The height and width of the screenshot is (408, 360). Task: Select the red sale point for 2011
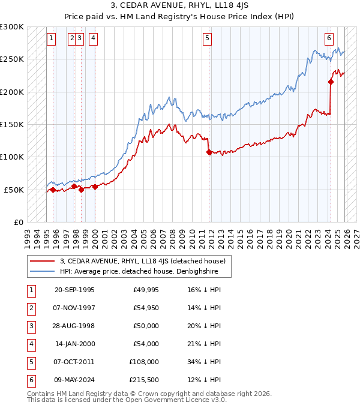click(209, 152)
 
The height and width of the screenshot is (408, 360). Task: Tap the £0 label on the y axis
click(19, 221)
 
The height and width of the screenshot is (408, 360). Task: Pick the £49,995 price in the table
click(145, 290)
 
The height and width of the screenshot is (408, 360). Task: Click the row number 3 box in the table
click(31, 326)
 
